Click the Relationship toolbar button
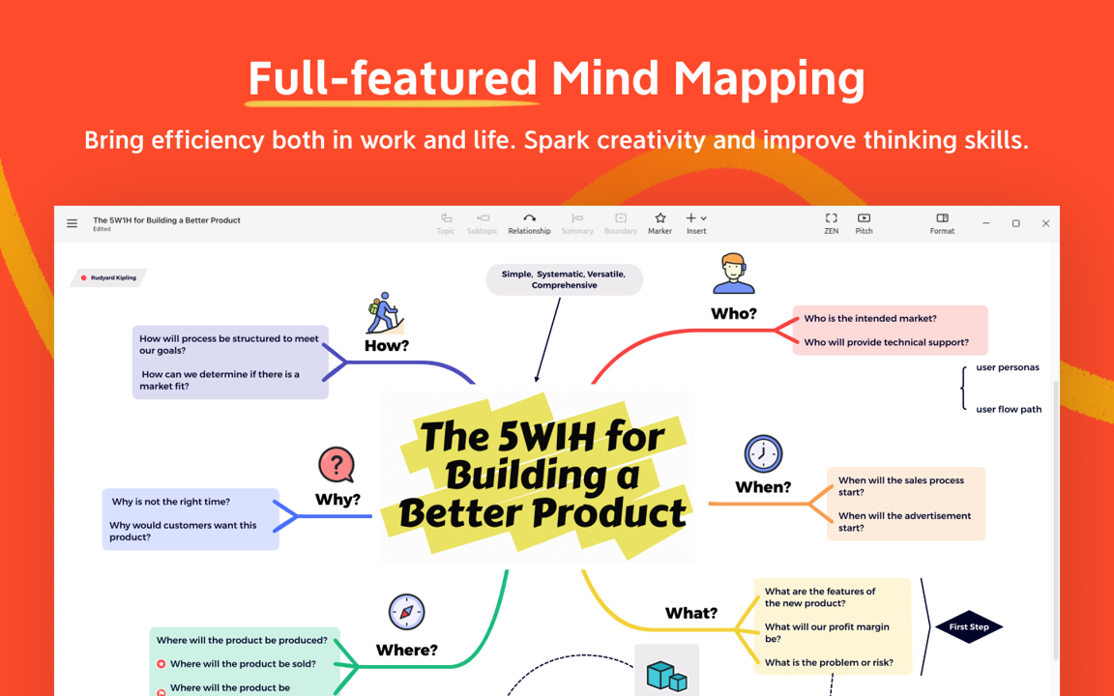(x=529, y=223)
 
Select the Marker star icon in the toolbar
(x=660, y=218)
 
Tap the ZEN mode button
(x=832, y=223)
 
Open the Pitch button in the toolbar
(x=864, y=223)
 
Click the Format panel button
(x=942, y=223)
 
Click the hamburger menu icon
(x=72, y=223)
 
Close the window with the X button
(x=1045, y=223)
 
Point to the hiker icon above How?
(x=385, y=312)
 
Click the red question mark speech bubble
(x=337, y=466)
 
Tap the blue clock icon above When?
(x=763, y=453)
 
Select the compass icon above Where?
(x=406, y=612)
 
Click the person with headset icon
(x=734, y=274)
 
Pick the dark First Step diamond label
(x=969, y=627)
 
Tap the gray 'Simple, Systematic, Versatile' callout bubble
(x=564, y=279)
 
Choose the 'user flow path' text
(x=1009, y=409)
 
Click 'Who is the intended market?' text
(x=870, y=318)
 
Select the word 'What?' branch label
(x=691, y=613)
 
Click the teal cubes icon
(x=666, y=676)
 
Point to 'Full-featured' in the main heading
(x=393, y=78)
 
